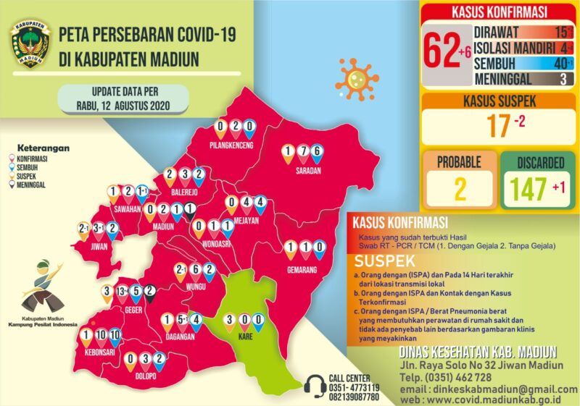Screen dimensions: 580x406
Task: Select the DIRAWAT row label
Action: coord(502,32)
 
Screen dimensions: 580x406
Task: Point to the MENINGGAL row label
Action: coord(511,79)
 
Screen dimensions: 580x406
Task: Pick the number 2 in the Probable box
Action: coord(460,187)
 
